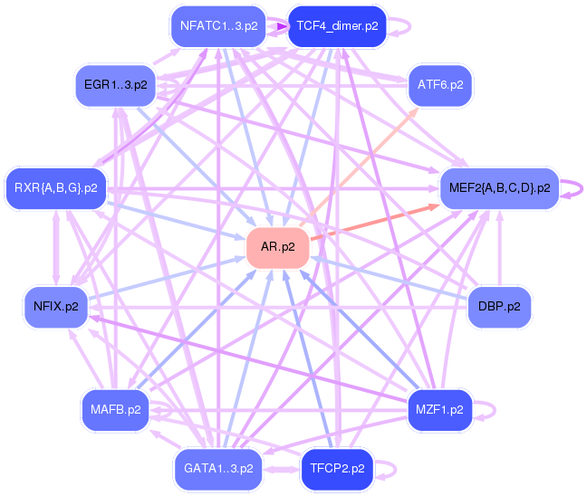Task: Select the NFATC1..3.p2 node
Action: [x=218, y=25]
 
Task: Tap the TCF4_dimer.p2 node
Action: [x=337, y=25]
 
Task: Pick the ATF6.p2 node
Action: [x=440, y=84]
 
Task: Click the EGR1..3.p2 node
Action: [x=115, y=85]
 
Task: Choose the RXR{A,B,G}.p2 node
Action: [x=55, y=188]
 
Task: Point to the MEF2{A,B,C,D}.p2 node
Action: [x=499, y=188]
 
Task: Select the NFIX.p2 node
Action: [x=56, y=306]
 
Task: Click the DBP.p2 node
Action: [x=499, y=306]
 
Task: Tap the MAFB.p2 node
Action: [x=115, y=409]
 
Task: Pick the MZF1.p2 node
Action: [x=440, y=409]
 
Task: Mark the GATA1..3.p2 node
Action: [x=218, y=469]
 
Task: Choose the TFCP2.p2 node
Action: [x=337, y=469]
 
